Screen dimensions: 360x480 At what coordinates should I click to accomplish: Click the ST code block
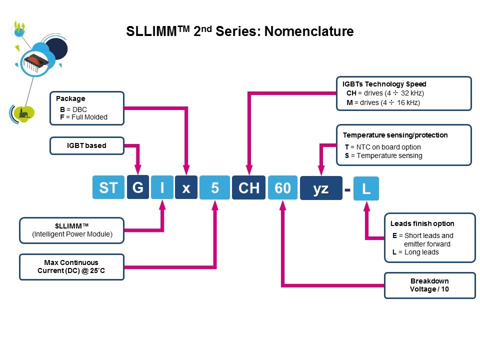[x=108, y=188]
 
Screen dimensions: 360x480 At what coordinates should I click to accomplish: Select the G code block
[x=137, y=188]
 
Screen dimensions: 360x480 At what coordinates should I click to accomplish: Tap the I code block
[x=162, y=188]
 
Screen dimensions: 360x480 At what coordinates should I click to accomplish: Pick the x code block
[x=186, y=188]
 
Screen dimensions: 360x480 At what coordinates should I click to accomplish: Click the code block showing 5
[x=214, y=188]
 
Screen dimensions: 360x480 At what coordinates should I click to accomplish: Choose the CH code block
[x=248, y=188]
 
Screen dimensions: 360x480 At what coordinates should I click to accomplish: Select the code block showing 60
[x=282, y=188]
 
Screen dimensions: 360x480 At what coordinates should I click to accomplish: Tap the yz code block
[x=321, y=188]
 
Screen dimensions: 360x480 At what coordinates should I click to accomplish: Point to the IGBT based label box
[x=87, y=145]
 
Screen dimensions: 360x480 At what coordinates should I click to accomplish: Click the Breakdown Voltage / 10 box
[x=429, y=285]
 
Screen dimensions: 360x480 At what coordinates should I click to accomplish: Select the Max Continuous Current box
[x=71, y=266]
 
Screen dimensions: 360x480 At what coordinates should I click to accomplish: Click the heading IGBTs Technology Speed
[x=384, y=84]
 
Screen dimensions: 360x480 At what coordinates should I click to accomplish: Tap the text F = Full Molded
[x=83, y=117]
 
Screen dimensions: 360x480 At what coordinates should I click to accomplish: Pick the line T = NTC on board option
[x=383, y=147]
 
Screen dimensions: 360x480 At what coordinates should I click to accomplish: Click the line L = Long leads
[x=415, y=252]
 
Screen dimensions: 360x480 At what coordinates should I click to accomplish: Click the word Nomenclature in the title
[x=309, y=31]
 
